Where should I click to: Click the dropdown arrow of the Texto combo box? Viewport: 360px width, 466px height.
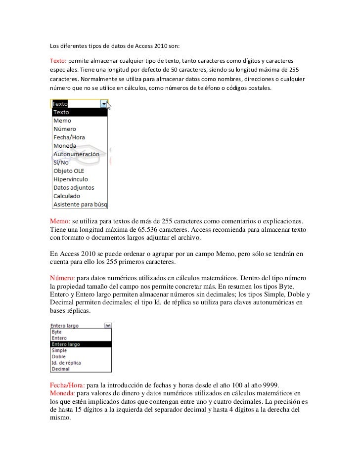coord(104,104)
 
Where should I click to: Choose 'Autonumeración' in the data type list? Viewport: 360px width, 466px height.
coord(76,154)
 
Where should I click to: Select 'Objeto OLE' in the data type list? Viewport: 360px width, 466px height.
coord(69,171)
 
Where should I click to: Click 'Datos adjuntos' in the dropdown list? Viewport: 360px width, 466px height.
coord(73,188)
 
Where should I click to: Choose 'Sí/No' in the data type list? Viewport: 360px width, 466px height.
coord(61,163)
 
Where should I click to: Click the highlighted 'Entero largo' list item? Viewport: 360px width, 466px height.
coord(66,344)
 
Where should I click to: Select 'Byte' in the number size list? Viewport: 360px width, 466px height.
coord(57,332)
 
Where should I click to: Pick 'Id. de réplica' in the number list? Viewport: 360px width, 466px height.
coord(67,363)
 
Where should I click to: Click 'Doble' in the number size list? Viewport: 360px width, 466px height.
coord(59,356)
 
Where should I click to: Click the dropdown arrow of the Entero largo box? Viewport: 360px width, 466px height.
coord(109,326)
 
